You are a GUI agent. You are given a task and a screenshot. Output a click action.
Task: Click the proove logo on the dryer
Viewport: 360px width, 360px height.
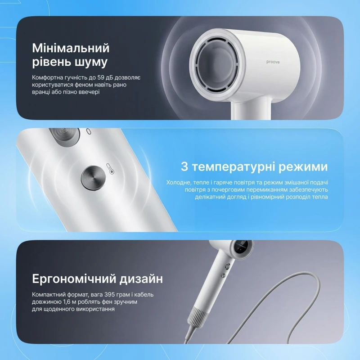pos(273,62)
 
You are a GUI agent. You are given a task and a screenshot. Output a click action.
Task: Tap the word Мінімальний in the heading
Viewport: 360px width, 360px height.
pos(71,48)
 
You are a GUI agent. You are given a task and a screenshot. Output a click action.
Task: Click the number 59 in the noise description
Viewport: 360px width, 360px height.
pos(100,77)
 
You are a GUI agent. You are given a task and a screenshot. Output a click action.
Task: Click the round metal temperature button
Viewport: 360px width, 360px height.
pos(93,178)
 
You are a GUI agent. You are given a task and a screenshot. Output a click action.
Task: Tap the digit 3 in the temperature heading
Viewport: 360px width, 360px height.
pos(184,166)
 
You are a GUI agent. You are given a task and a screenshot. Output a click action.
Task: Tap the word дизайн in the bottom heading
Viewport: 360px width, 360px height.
pos(141,279)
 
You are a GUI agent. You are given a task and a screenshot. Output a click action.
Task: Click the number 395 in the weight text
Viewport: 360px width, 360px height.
pos(109,295)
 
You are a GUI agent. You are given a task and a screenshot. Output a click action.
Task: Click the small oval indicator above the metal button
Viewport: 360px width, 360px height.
pos(89,131)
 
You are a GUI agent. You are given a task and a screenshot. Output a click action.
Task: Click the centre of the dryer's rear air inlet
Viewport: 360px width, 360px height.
pos(214,65)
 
